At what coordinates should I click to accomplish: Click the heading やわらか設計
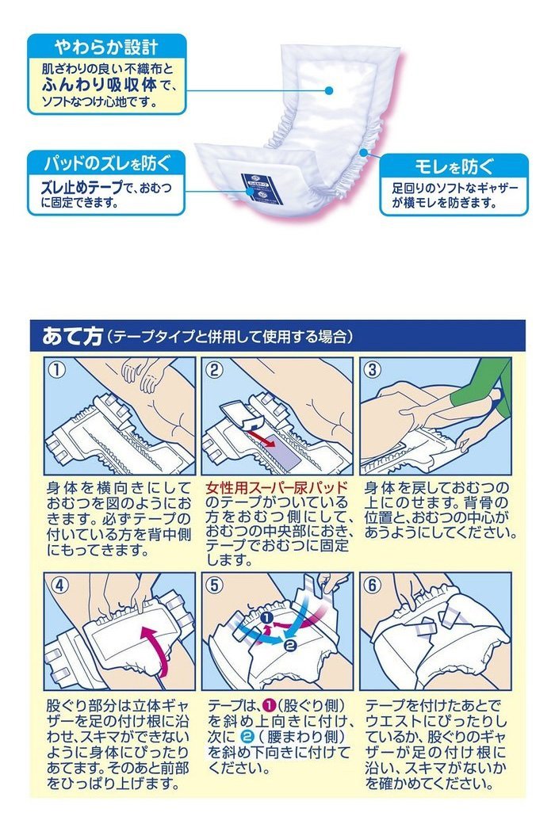click(106, 48)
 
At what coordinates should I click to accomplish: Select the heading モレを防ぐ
click(454, 166)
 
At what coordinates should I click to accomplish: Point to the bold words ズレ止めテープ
click(81, 188)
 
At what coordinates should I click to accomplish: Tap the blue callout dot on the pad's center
click(329, 90)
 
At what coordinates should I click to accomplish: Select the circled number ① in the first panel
click(57, 369)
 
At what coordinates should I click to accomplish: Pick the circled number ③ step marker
click(372, 369)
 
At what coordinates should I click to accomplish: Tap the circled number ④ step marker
click(60, 585)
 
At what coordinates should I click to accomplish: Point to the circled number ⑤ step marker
click(214, 585)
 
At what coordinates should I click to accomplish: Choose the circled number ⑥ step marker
click(372, 585)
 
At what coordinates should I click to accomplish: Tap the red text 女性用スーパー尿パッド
click(277, 487)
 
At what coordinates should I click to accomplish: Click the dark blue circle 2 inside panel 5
click(290, 647)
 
